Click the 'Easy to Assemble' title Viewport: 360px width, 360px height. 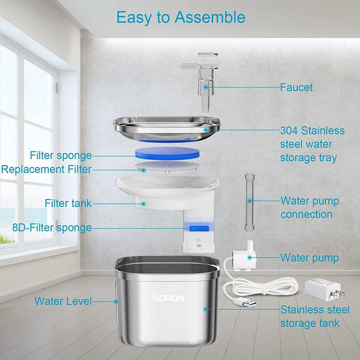pos(181,17)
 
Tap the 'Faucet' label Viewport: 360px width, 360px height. pos(296,88)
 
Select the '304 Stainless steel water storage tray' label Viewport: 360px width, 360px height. pos(313,144)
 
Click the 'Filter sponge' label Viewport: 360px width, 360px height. pos(61,155)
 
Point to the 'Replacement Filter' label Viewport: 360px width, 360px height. pos(47,169)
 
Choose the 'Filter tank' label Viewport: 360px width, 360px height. pos(68,203)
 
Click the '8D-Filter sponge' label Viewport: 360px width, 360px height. pos(52,228)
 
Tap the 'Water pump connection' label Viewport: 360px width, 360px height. pos(310,208)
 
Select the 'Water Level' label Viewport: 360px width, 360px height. pos(63,301)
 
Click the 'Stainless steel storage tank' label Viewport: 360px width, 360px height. pos(315,317)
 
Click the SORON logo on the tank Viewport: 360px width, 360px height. pos(169,298)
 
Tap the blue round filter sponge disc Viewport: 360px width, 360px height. pos(167,154)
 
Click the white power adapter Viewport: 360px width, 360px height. pos(322,290)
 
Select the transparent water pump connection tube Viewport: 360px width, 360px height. pos(250,202)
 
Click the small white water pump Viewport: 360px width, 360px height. pos(244,257)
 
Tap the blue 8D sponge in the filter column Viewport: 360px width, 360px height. pos(199,229)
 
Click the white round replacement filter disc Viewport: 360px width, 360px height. pos(167,167)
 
